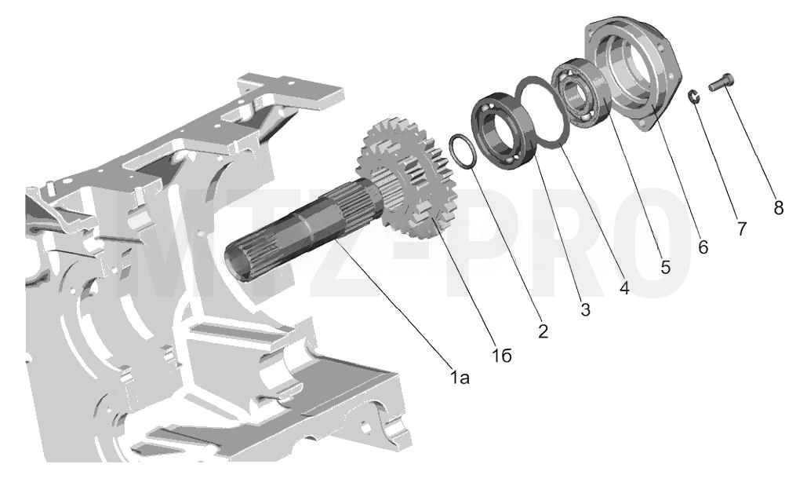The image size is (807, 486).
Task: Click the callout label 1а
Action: [460, 378]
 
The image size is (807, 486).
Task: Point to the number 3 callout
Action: [585, 310]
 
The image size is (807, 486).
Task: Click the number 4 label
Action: [624, 287]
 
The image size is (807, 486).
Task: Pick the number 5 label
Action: [666, 267]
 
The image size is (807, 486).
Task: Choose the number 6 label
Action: [703, 247]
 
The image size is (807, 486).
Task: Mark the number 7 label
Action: [742, 228]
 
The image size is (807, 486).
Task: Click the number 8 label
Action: [778, 208]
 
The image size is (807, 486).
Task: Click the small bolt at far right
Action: [721, 83]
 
